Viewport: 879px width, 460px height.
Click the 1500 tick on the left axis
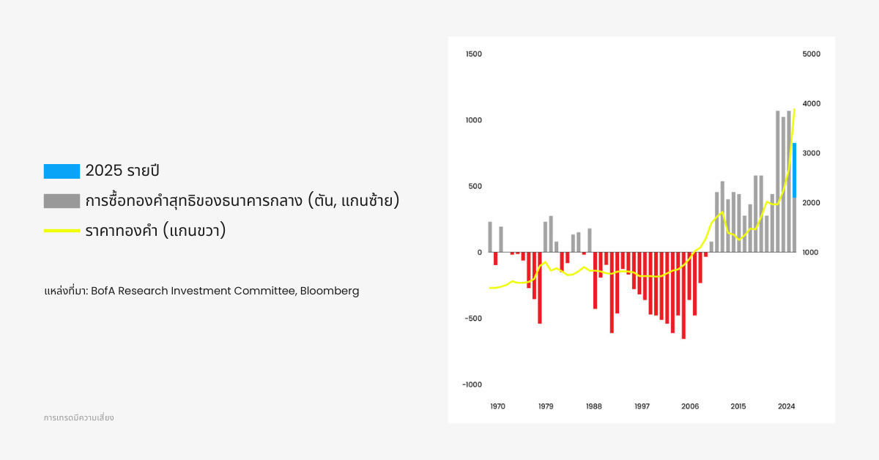473,54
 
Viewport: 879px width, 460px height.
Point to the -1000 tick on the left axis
472,385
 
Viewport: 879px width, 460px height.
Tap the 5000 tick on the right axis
811,54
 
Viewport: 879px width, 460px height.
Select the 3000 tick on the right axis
811,153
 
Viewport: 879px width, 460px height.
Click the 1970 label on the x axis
497,407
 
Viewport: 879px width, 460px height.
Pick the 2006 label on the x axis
689,407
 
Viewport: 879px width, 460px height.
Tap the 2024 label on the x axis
786,407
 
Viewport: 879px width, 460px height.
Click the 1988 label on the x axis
594,407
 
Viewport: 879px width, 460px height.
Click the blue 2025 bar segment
794,170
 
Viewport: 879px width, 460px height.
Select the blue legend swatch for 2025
62,171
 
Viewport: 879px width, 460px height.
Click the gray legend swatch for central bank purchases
62,201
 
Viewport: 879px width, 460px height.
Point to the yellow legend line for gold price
62,231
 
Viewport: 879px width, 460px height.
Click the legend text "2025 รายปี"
122,171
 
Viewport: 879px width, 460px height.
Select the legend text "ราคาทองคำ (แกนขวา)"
155,231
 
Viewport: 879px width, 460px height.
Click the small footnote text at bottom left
78,418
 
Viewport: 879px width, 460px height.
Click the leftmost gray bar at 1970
490,237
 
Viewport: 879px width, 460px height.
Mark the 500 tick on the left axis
475,186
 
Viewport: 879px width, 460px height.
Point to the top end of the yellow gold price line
794,109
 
